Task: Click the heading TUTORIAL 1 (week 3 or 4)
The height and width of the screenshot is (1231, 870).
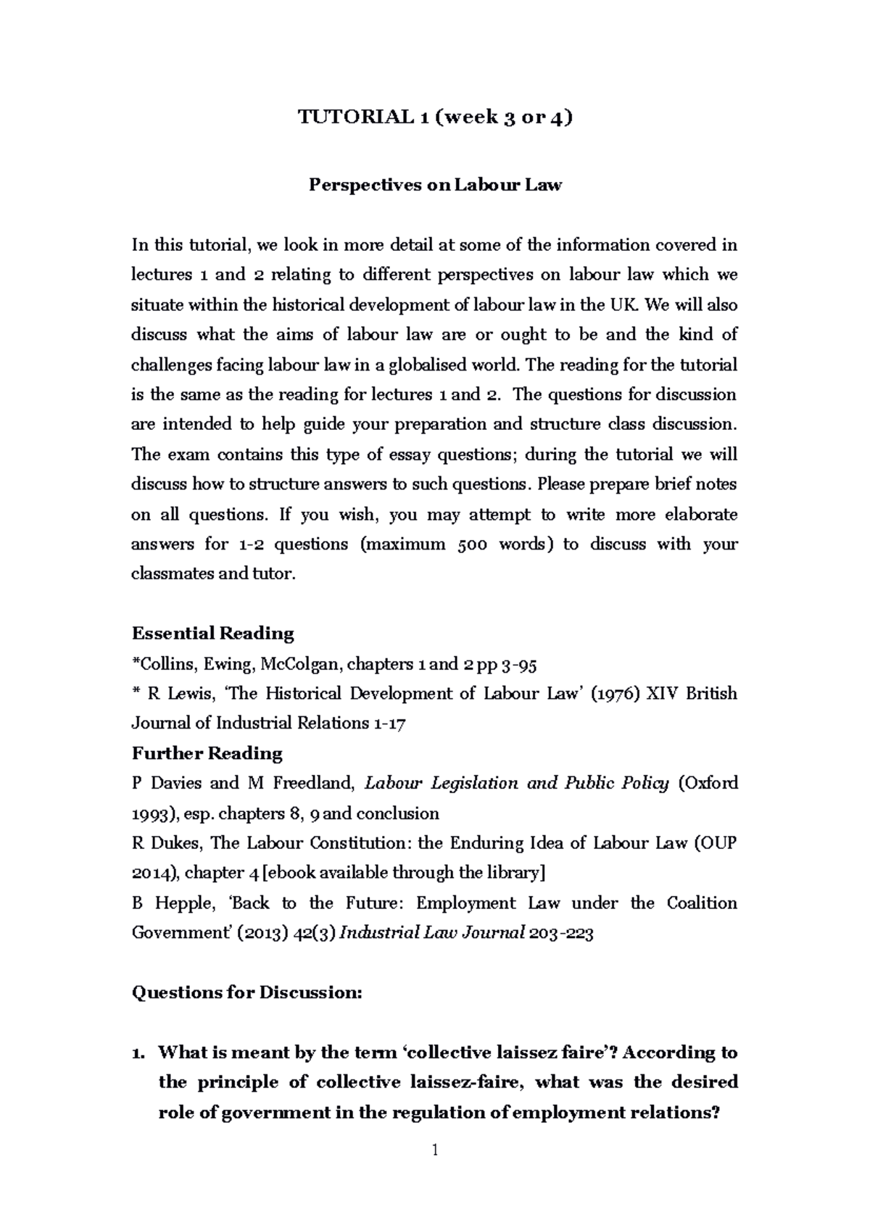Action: (435, 117)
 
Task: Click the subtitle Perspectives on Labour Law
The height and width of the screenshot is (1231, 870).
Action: (435, 185)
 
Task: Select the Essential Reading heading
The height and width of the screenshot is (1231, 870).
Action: (212, 634)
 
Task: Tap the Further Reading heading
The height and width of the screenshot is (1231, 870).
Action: (207, 753)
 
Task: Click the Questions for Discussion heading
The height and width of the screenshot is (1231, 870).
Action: (246, 992)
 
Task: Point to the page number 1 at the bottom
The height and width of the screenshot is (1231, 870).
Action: (435, 1150)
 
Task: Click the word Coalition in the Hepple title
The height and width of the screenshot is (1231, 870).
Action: (701, 903)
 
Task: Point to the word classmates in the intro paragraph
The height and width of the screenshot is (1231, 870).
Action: (167, 574)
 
